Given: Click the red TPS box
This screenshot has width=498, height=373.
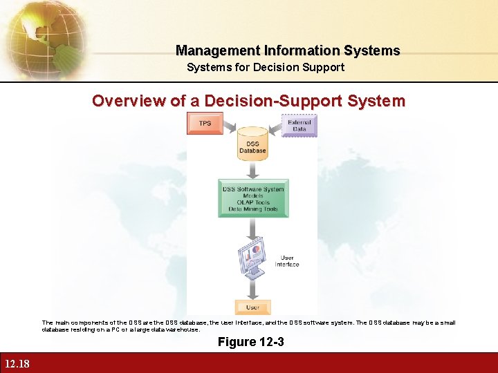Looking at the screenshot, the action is [205, 123].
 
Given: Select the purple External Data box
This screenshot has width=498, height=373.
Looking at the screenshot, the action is [299, 125].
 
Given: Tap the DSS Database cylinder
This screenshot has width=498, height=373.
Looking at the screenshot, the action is [252, 144].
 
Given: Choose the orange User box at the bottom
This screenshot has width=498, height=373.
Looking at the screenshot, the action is [253, 307].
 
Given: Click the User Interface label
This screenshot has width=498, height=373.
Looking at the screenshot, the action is [287, 261].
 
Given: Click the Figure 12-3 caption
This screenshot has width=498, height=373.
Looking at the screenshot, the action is [250, 343].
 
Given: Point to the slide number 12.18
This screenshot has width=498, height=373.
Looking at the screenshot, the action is [16, 364].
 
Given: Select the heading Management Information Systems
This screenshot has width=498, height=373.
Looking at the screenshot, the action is [288, 50].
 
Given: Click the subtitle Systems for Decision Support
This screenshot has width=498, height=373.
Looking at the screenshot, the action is [266, 67].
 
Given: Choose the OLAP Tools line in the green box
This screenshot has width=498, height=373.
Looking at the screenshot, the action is [253, 202].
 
